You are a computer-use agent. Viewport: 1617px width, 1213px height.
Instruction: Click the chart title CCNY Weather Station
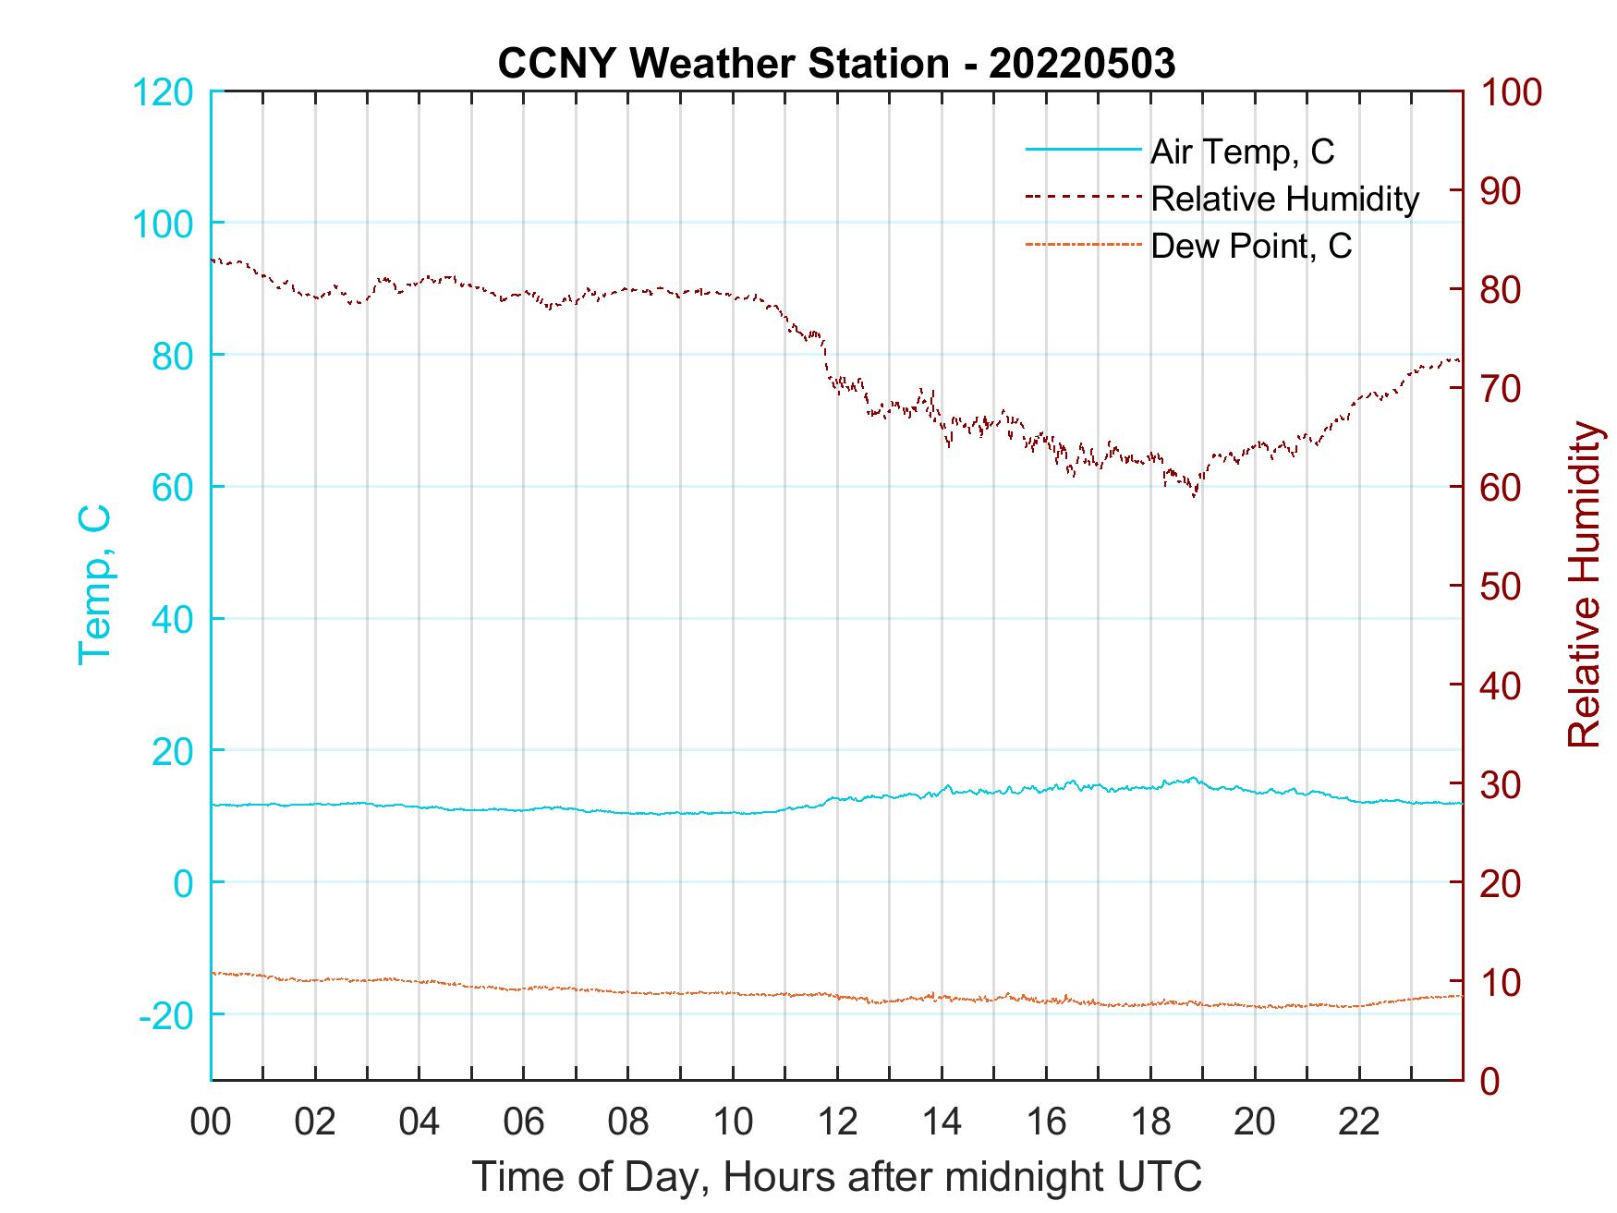836,64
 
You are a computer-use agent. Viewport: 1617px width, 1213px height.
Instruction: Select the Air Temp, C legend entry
1242,152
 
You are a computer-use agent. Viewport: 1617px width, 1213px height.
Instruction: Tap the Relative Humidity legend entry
1284,199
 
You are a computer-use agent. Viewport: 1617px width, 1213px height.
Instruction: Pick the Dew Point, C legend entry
1251,246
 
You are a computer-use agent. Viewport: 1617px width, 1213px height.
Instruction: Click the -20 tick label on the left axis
166,1015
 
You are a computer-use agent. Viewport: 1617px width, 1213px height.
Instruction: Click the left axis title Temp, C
94,584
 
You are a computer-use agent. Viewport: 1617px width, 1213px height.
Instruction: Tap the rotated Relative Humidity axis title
1584,584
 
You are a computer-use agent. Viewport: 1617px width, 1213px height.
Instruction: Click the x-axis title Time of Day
837,1177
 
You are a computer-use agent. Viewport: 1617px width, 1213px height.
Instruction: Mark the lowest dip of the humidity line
1195,496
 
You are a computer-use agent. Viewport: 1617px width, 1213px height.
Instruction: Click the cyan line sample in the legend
1083,149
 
